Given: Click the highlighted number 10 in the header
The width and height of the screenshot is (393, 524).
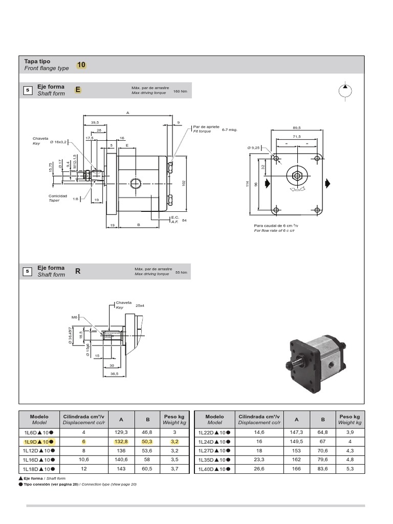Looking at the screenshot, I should point(82,65).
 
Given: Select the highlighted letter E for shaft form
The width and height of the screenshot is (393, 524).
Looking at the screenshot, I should point(78,90).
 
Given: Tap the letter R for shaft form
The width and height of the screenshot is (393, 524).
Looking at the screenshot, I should point(78,271).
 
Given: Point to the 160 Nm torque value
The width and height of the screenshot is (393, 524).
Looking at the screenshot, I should point(181,92).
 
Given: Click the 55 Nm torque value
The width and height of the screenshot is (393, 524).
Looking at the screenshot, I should point(182,273).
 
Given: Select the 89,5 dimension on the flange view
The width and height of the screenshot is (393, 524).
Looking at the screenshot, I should point(297,127).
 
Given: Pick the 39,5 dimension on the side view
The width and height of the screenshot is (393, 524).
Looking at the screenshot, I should point(95,123).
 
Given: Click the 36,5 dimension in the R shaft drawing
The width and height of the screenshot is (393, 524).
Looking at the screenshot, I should point(115,374).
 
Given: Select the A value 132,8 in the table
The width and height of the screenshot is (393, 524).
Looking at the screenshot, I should point(121,442).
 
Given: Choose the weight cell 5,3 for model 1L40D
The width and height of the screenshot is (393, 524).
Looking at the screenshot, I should point(350,468).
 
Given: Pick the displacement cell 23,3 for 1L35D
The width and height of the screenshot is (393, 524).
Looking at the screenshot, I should point(259,460).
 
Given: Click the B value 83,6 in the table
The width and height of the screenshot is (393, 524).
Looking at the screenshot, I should point(323,468).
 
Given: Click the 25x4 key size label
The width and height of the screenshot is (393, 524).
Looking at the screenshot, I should point(139,306).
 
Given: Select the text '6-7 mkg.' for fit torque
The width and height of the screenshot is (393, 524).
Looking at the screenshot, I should point(230,130).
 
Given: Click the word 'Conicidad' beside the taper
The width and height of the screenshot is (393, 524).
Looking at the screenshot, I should point(58,196).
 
